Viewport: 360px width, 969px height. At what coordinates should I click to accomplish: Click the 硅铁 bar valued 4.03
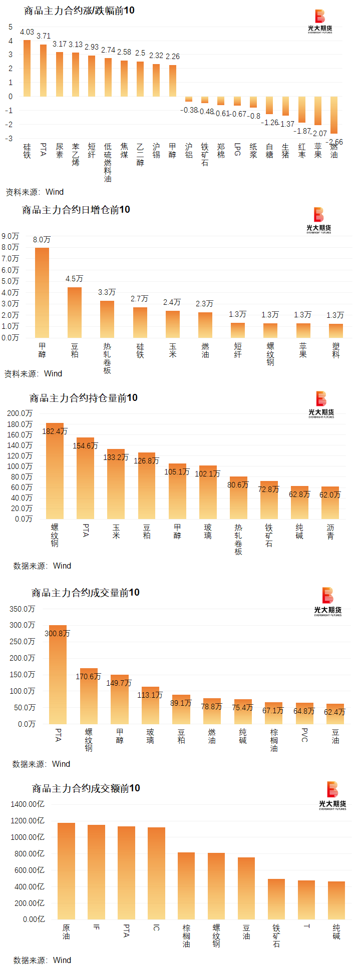pos(27,68)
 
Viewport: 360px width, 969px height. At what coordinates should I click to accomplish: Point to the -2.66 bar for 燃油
pos(334,115)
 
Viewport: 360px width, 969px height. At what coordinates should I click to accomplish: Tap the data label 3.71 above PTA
pos(44,36)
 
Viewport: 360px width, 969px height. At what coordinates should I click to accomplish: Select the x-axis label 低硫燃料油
pos(108,162)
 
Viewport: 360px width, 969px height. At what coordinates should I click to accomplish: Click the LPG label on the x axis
pos(237,149)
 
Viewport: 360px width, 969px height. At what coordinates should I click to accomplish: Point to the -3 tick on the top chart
pos(10,139)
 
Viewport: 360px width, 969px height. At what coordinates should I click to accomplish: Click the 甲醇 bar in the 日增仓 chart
pos(42,293)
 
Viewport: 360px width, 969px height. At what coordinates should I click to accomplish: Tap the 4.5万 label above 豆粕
pos(75,279)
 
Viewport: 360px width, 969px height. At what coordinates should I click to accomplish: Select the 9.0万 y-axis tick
pos(11,236)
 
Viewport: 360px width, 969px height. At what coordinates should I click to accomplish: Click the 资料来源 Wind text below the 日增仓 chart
pos(34,373)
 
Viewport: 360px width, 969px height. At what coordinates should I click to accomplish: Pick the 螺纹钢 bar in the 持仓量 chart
pos(55,470)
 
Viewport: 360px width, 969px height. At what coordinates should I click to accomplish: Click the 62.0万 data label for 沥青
pos(330,495)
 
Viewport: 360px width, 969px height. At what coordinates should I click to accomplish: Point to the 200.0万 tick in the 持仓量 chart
pos(20,413)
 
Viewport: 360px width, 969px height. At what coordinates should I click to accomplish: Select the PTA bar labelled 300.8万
pos(58,675)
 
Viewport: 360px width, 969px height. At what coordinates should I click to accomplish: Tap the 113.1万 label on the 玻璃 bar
pos(150,695)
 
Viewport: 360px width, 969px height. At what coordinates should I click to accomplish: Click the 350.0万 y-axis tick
pos(23,609)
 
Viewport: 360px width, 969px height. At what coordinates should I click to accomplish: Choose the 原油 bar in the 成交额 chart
pos(66,871)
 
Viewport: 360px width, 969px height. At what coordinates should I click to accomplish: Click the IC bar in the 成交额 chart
pos(156,873)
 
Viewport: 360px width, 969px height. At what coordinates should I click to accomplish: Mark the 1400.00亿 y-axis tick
pos(28,804)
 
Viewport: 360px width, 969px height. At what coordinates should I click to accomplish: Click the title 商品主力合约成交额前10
pos(86,788)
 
